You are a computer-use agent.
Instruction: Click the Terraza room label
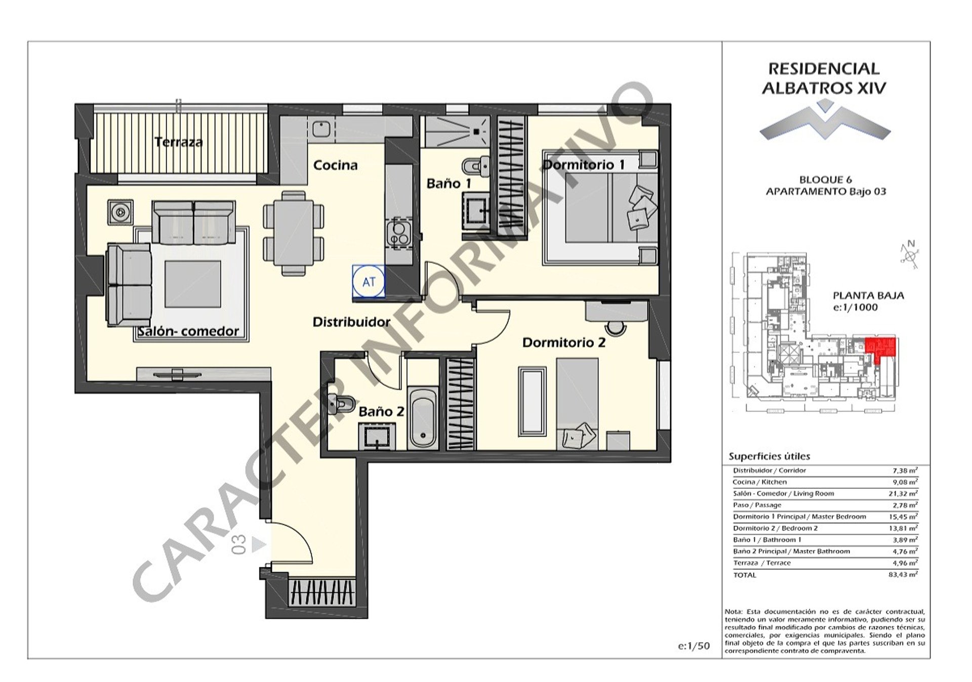(179, 142)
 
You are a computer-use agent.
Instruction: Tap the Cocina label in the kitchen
(335, 165)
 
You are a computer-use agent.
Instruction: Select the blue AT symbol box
(369, 282)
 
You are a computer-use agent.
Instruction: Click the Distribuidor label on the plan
(351, 322)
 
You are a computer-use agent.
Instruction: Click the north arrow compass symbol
(910, 254)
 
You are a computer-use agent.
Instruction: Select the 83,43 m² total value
(904, 574)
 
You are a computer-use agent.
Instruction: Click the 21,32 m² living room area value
(904, 493)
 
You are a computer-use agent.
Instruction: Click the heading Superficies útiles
(769, 456)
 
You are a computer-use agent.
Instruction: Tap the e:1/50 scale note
(694, 646)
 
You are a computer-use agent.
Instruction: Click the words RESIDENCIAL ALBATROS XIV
(824, 78)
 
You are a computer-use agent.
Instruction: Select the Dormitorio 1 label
(584, 164)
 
